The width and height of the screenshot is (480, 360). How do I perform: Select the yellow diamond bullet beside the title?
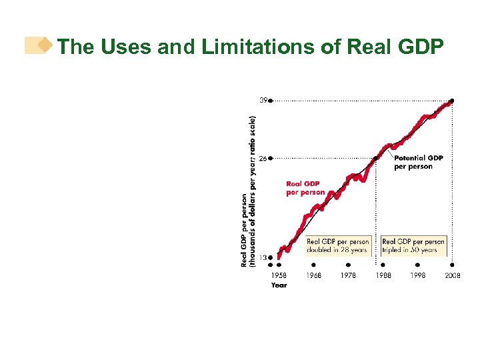click(x=45, y=45)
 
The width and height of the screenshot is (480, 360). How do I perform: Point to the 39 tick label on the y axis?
click(x=263, y=101)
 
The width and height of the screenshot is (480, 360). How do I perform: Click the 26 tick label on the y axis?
click(x=263, y=159)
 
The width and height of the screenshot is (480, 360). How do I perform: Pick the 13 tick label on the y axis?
click(x=263, y=257)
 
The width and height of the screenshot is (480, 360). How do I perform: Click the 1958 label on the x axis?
click(x=279, y=275)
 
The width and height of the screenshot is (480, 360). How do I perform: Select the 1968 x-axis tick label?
click(x=313, y=275)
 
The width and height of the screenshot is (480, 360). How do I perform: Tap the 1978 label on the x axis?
click(x=348, y=275)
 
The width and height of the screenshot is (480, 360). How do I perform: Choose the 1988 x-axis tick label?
click(x=383, y=275)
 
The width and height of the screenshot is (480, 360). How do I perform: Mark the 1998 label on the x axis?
click(x=417, y=275)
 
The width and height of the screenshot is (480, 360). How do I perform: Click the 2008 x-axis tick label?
click(x=452, y=275)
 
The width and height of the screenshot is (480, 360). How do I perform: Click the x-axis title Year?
click(x=279, y=285)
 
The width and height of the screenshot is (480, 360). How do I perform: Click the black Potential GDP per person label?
click(x=418, y=162)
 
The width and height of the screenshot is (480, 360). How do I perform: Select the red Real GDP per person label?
click(x=305, y=188)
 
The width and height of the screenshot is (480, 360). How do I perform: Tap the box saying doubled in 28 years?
click(x=338, y=245)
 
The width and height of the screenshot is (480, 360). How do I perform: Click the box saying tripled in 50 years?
click(x=413, y=245)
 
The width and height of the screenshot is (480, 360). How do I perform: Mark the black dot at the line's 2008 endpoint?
click(x=452, y=101)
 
